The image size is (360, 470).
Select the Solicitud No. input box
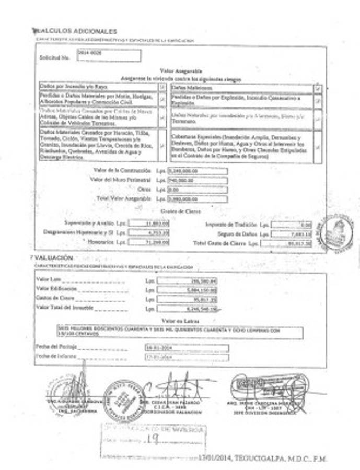point(109,55)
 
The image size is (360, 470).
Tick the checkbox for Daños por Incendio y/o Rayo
point(162,86)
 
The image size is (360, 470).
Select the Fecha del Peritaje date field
point(186,347)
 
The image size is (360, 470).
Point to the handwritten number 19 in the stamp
point(153,440)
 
